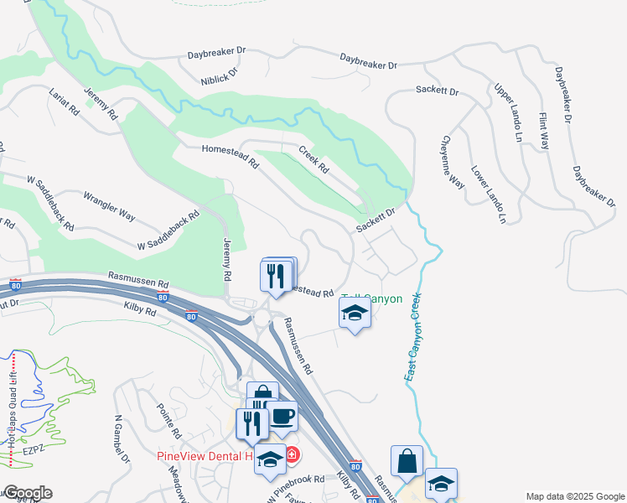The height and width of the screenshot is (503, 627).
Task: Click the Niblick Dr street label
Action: click(x=220, y=71)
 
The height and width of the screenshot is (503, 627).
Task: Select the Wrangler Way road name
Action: click(x=109, y=205)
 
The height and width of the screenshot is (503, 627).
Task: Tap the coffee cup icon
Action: click(x=282, y=417)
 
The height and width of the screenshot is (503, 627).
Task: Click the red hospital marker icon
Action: click(x=291, y=455)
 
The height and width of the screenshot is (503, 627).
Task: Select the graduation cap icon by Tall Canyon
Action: click(x=355, y=314)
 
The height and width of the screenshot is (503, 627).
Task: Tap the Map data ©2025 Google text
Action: click(x=574, y=496)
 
